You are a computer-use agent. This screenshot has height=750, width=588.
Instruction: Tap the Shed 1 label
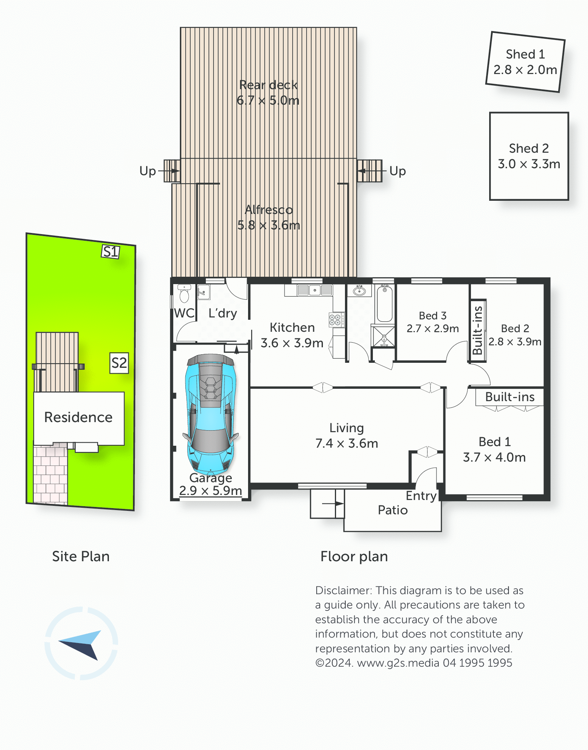525,54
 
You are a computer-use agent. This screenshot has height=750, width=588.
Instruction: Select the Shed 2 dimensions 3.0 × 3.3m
529,164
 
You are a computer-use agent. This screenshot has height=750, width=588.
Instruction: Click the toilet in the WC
184,294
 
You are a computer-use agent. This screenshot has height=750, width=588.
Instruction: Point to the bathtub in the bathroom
385,304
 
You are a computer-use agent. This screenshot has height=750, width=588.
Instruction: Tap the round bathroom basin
359,290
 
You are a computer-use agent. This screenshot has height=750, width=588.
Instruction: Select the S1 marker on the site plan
110,252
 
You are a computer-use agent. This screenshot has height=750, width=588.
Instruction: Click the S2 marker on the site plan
119,363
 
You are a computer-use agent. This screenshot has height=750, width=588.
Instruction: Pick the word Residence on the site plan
78,417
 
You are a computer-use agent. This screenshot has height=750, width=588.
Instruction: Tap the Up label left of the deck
148,171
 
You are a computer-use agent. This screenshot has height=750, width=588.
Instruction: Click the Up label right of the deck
398,171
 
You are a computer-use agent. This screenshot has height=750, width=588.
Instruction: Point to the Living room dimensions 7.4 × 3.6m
347,443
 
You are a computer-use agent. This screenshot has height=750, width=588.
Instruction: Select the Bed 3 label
433,316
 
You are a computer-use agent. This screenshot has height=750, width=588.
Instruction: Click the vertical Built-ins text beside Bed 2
478,330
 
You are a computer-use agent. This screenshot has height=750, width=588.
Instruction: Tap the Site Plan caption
81,557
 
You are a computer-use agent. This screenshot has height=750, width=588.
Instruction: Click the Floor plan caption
354,557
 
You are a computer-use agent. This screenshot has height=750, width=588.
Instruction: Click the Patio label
393,510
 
